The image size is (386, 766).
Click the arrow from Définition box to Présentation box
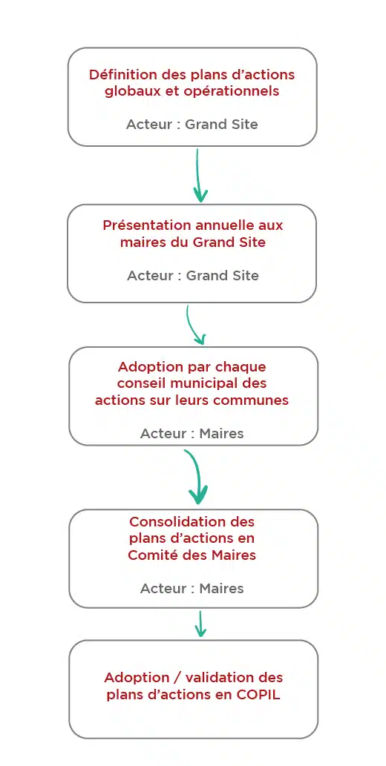pos(198,176)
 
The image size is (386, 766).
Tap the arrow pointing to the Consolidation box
pos(197,476)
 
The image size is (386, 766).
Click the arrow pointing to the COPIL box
pos(200,624)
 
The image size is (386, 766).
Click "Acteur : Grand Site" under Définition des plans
pos(192,124)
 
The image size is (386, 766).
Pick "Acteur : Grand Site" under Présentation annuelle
pos(193,276)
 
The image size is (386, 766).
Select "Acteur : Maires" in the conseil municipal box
pos(192,433)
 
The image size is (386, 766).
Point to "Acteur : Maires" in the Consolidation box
pos(192,588)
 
